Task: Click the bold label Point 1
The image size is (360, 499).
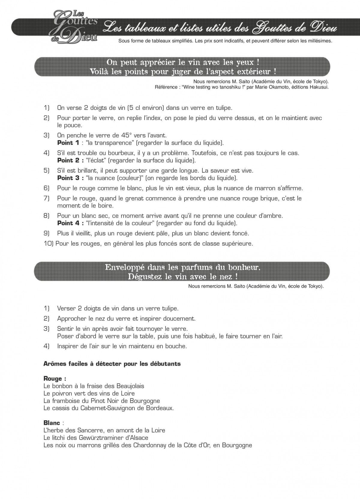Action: [68, 143]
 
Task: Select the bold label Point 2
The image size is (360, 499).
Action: [69, 160]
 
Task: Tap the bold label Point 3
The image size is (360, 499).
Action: [69, 178]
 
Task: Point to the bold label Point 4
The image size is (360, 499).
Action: [69, 223]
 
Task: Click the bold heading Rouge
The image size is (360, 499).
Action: [52, 379]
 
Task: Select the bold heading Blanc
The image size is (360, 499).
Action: [52, 423]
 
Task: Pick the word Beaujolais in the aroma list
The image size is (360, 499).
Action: [127, 386]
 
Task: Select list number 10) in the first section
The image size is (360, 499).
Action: [49, 243]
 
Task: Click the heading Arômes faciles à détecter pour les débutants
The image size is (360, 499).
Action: [112, 364]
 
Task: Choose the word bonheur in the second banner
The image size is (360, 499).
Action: [244, 267]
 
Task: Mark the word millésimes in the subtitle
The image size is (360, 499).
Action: [319, 41]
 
